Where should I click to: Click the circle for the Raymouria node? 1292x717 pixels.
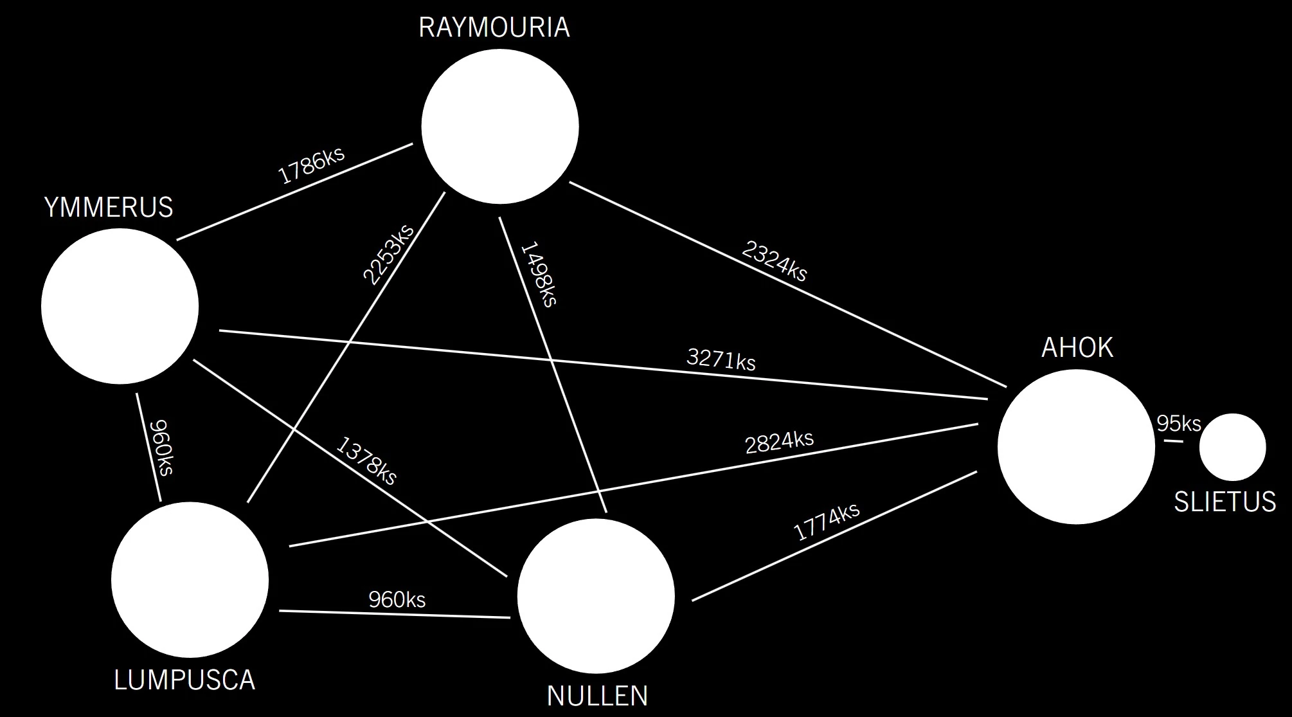coord(500,127)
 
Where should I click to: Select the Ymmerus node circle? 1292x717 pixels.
coord(120,306)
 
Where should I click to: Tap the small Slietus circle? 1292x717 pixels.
coord(1232,447)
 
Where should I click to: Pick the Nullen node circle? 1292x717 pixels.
coord(596,596)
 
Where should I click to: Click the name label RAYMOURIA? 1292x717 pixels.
coord(494,28)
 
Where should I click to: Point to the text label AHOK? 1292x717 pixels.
coord(1077,348)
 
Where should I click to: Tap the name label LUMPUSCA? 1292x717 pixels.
coord(184,680)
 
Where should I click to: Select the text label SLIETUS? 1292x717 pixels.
coord(1225,502)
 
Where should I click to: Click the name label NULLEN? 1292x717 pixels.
coord(597,696)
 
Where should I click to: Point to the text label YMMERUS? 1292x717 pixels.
coord(109,208)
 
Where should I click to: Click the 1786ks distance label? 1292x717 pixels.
coord(311,165)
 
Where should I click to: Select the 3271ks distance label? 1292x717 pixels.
coord(721,359)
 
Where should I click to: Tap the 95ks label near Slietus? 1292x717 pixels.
coord(1179,424)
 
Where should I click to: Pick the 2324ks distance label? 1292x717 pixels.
coord(774,261)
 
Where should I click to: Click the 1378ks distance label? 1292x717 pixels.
coord(366,460)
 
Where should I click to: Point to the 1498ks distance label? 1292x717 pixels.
coord(539,274)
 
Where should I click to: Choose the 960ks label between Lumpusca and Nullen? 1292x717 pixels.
coord(397,599)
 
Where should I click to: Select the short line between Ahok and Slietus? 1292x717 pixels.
coord(1173,441)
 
